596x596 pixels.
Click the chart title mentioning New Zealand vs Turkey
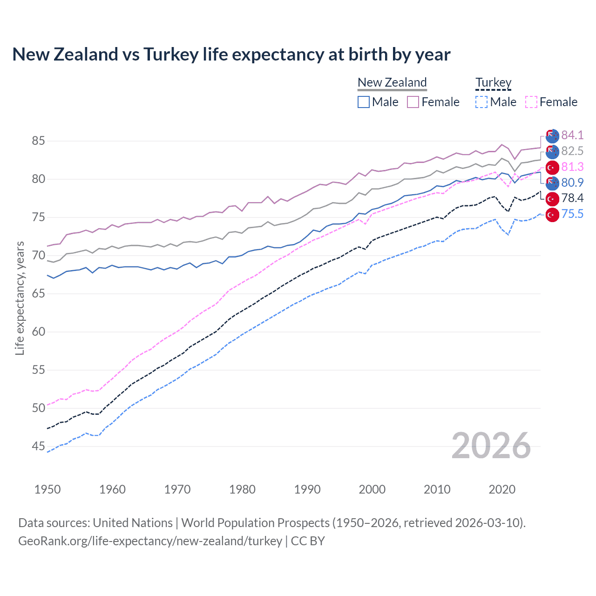[231, 54]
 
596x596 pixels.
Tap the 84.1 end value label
[572, 135]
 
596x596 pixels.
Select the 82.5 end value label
[572, 151]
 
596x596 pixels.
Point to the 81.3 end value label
[572, 167]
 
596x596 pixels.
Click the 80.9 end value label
[572, 183]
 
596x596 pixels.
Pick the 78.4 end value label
[572, 198]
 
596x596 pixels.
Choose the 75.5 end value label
[572, 214]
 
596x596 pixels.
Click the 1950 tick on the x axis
[47, 489]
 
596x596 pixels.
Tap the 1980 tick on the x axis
[242, 489]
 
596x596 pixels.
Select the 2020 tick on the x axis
[502, 489]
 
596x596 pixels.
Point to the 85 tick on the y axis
[39, 141]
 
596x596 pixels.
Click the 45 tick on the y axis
[39, 447]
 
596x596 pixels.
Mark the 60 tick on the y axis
[39, 332]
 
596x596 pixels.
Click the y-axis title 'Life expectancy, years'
[20, 298]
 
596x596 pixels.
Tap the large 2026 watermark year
[491, 446]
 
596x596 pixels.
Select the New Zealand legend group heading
[392, 82]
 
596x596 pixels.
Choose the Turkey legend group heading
[493, 82]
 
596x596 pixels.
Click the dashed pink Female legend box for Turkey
[531, 102]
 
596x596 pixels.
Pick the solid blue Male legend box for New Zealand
[364, 102]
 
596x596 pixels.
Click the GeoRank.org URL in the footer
[150, 541]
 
